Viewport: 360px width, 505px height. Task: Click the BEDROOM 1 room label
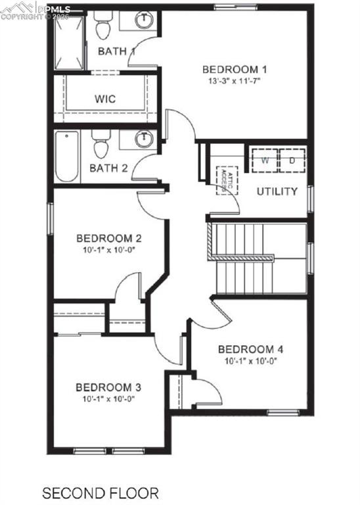point(235,70)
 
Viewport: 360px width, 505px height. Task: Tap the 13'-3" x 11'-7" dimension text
point(235,82)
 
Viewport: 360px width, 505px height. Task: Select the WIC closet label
point(105,99)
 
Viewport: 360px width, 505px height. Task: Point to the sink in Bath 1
point(143,20)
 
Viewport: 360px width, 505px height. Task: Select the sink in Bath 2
point(143,139)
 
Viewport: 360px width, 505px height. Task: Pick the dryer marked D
point(291,160)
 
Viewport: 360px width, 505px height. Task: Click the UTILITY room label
point(277,192)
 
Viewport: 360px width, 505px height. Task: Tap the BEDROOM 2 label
point(109,238)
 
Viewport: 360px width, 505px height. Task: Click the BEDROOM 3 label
point(108,387)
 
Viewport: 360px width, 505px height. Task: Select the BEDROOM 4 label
point(250,349)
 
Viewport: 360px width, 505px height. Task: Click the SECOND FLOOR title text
point(100,492)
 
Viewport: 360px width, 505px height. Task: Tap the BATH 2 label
point(108,168)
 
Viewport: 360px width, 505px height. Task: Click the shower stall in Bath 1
point(67,42)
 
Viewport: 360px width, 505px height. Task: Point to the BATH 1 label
point(116,51)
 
